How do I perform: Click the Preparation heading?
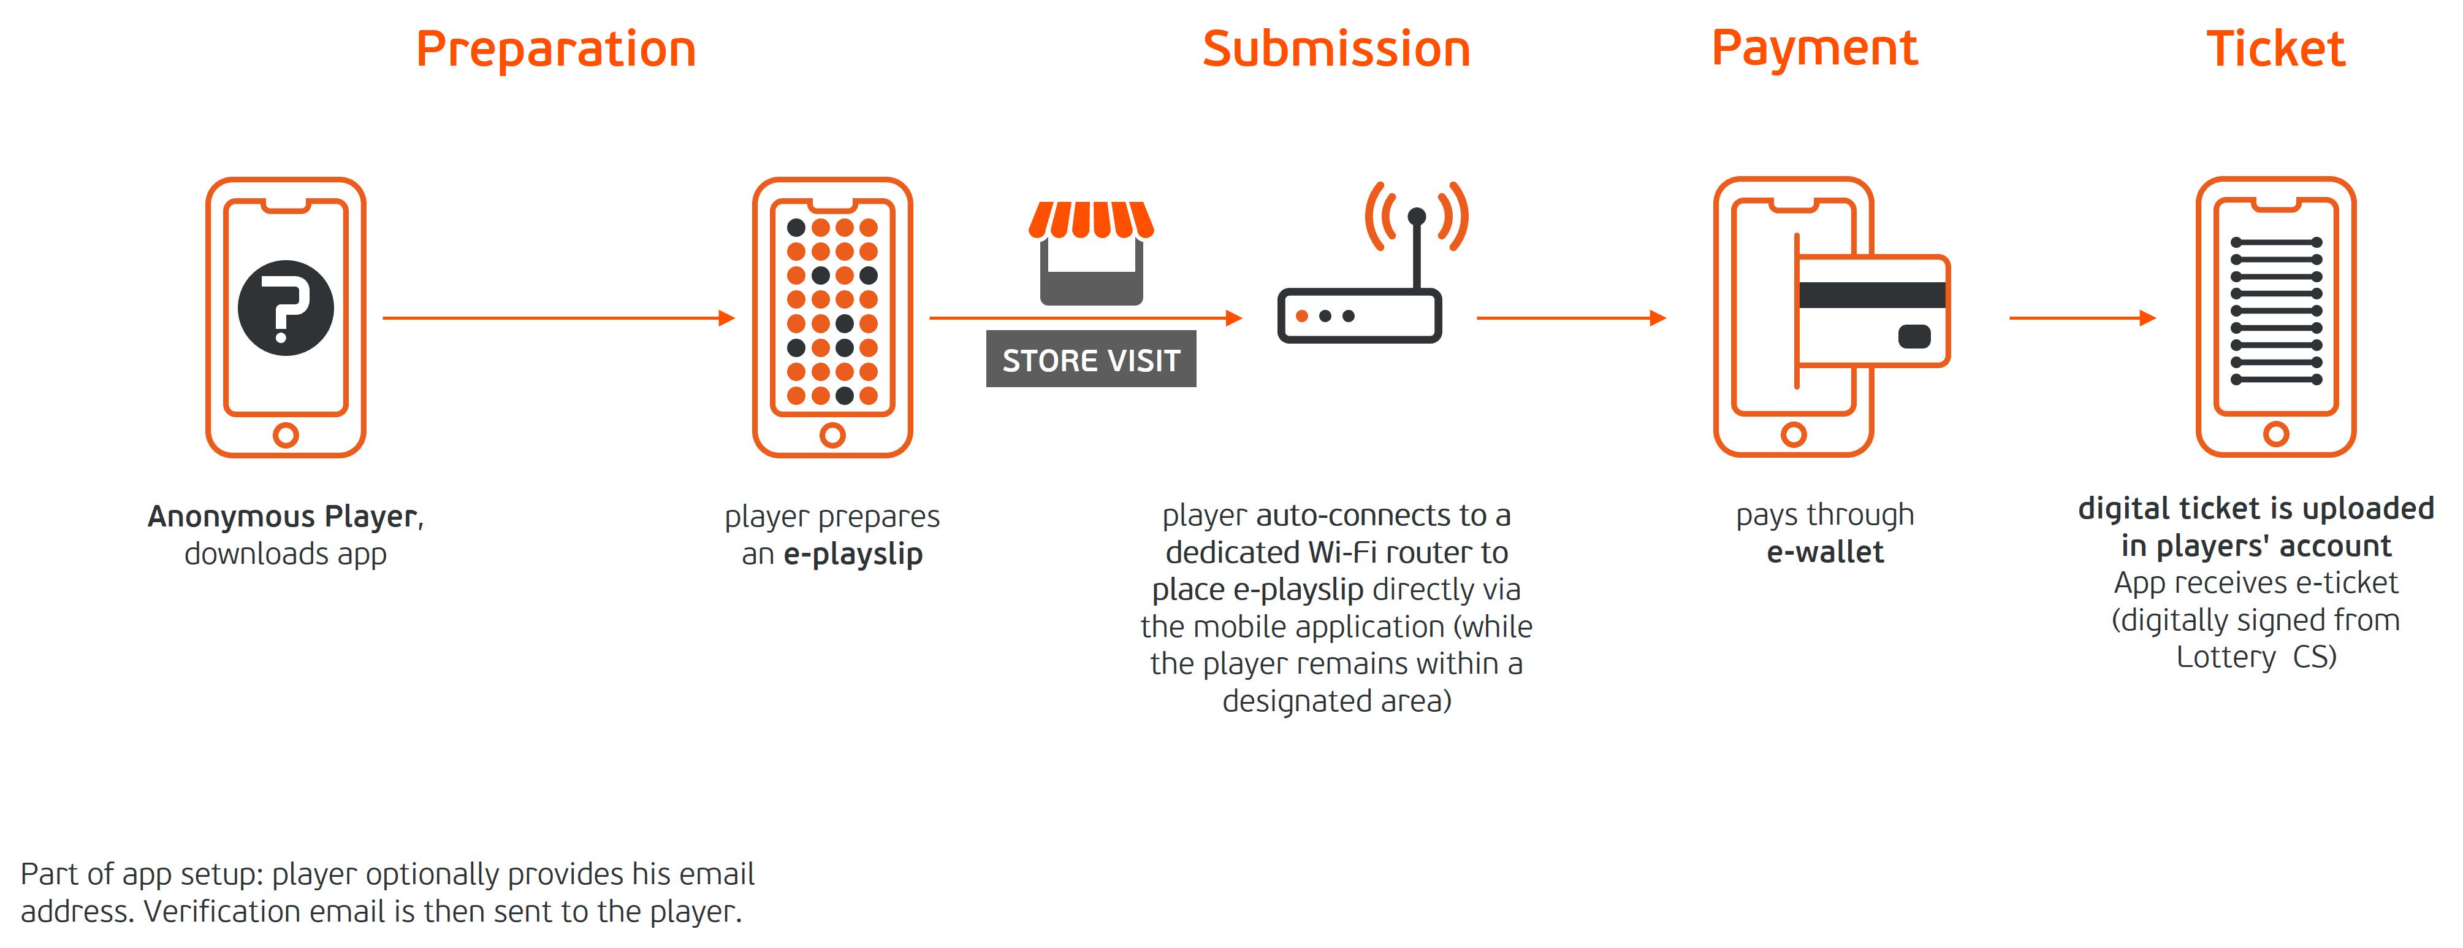tap(555, 50)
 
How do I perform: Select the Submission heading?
tap(1336, 49)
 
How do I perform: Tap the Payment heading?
tap(1814, 50)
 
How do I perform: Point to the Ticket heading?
tap(2275, 49)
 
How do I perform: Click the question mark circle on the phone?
tap(286, 308)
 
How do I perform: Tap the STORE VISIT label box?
tap(1091, 359)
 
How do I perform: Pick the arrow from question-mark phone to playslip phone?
tap(558, 318)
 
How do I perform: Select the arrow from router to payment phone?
tap(1571, 318)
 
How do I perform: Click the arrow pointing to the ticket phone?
tap(2082, 318)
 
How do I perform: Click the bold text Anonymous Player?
tap(283, 517)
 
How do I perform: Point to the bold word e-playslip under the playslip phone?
tap(853, 554)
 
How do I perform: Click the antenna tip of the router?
tap(1417, 216)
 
